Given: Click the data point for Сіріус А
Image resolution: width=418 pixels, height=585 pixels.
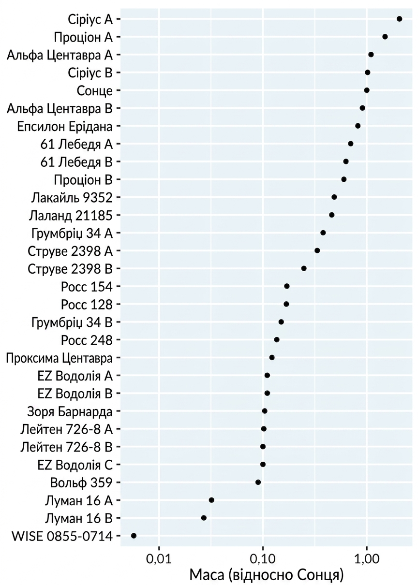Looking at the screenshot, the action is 399,19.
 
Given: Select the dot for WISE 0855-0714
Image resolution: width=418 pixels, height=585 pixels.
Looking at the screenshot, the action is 134,536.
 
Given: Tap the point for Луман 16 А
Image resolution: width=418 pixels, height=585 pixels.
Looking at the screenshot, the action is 211,500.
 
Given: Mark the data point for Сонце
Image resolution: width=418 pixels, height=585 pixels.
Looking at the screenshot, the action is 367,90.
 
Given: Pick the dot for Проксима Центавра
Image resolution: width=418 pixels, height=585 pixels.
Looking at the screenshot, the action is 272,358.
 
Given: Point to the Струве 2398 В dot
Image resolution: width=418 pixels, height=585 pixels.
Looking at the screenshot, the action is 304,268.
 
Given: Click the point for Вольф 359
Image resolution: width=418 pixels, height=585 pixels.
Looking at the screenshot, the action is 258,482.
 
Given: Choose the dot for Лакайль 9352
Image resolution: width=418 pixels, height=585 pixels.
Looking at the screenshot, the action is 334,197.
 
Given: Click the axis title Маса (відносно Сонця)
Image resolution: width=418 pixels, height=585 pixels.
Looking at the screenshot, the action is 267,575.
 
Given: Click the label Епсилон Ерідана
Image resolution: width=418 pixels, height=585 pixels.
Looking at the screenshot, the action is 65,127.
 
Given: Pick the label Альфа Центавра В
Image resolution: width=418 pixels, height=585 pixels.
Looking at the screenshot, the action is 60,109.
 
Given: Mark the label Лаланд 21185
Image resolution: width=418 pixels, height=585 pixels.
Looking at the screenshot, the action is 71,216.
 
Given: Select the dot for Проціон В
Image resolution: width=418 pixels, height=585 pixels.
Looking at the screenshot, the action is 344,179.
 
